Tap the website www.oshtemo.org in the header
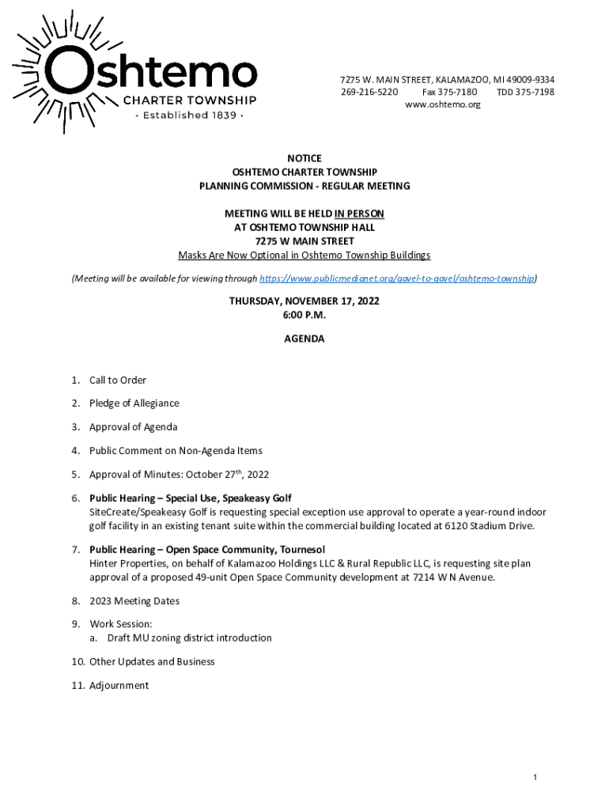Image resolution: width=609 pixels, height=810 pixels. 442,105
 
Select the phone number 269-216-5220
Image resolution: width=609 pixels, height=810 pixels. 369,93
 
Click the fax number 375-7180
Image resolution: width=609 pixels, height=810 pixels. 460,93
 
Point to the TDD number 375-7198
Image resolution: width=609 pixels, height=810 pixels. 536,93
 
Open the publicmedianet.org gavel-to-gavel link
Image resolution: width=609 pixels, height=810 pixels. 397,278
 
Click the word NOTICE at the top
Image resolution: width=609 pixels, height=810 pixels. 304,159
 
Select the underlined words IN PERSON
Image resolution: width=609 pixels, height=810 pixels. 359,214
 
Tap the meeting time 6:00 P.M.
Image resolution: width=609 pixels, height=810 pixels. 304,315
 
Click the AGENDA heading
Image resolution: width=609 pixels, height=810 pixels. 304,339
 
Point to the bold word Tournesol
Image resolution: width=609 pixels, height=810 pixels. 297,550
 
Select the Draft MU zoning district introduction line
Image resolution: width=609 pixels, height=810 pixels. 189,638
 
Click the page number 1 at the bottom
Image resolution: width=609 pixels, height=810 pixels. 535,778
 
